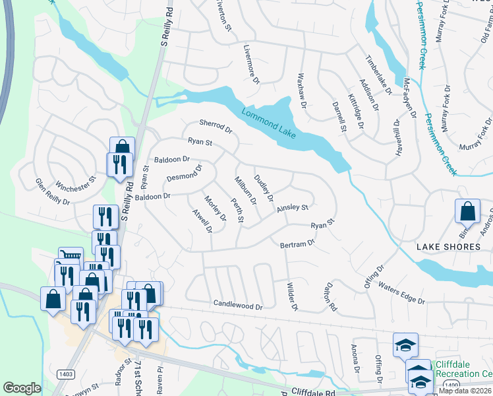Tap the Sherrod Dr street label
[216, 126]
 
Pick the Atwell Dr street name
[201, 222]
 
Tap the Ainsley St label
[293, 208]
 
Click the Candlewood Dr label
[237, 305]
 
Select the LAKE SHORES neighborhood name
[449, 247]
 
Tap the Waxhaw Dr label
[303, 90]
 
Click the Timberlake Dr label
[379, 73]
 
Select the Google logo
[22, 387]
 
